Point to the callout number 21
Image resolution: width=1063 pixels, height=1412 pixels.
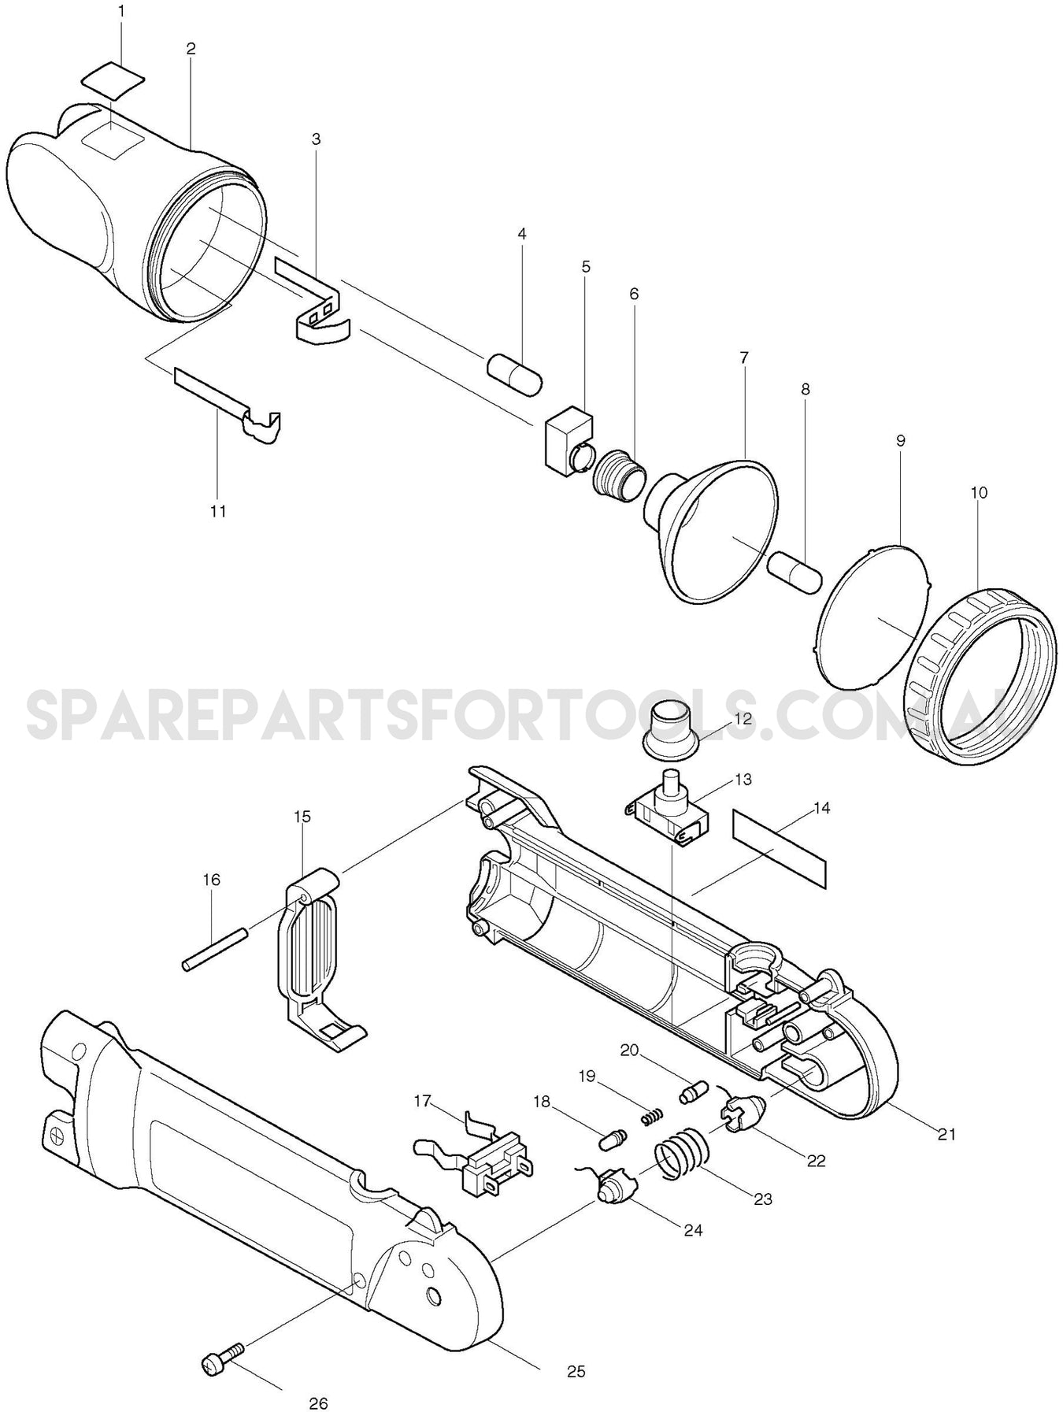click(x=946, y=1134)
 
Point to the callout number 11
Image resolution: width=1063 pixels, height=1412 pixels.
click(x=218, y=511)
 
